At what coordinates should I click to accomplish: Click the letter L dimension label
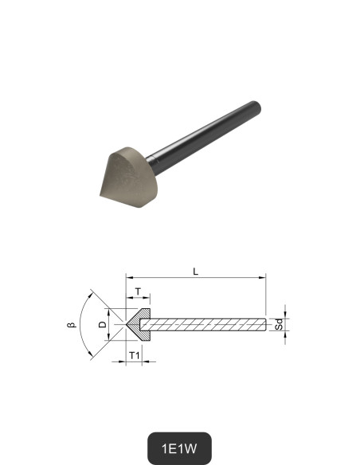(x=195, y=272)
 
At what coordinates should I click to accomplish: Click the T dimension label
(x=138, y=291)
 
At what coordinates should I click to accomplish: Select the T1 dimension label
(x=135, y=354)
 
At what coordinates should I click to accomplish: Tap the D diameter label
(x=101, y=324)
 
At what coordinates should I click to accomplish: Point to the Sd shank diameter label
(x=279, y=325)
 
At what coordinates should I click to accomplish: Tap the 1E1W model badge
(x=180, y=448)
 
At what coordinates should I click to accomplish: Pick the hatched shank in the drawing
(x=207, y=324)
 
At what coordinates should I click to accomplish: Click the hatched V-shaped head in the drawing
(x=142, y=322)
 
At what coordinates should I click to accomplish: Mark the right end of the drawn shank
(x=264, y=324)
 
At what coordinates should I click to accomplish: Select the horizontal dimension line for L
(x=195, y=279)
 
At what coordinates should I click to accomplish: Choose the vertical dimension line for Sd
(x=285, y=324)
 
